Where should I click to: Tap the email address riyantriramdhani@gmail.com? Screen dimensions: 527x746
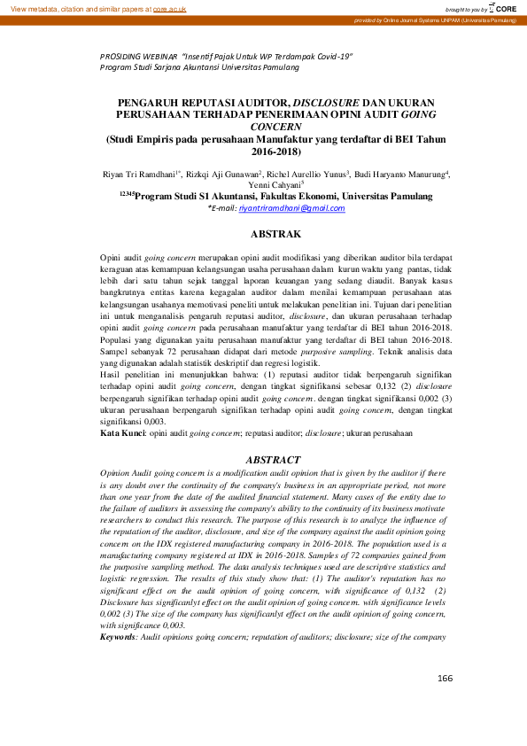point(277,208)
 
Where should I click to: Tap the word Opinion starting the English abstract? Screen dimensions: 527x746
point(116,474)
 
